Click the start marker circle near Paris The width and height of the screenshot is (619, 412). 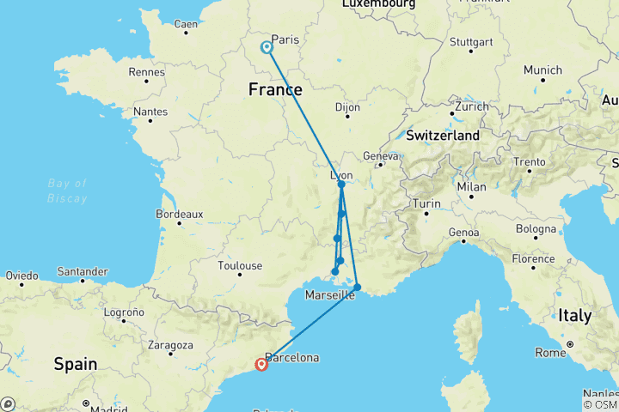(267, 48)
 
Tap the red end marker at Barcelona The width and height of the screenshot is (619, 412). (261, 364)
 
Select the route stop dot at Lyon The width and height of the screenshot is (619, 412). (341, 185)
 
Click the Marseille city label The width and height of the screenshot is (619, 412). (330, 295)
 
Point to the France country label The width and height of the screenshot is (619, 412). (275, 89)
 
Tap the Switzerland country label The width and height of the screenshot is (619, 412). (443, 136)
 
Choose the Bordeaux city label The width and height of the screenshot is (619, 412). (179, 214)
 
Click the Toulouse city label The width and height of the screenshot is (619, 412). (240, 266)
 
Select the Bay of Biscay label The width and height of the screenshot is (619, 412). (68, 191)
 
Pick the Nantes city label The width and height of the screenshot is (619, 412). (150, 111)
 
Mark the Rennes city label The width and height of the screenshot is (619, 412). (146, 72)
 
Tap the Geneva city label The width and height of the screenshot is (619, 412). (382, 156)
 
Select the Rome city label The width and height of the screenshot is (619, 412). (551, 352)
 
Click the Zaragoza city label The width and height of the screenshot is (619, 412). (170, 346)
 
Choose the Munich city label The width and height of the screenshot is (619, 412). (542, 70)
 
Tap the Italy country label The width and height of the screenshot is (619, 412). (574, 316)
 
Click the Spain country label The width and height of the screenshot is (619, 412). (75, 364)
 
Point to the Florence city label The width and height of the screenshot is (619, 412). (533, 258)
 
